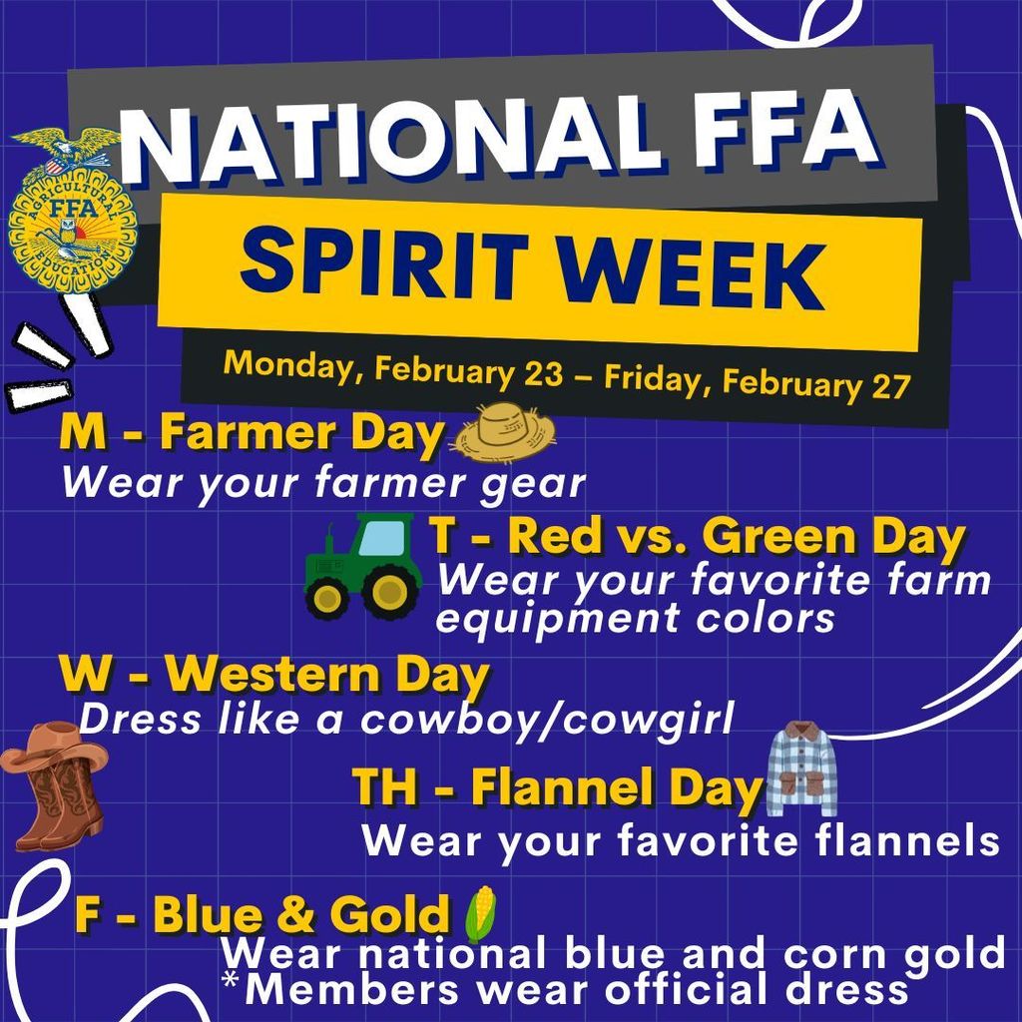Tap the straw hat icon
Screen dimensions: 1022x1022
(503, 431)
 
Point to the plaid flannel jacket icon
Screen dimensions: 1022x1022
(801, 769)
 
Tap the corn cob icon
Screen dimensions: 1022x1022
(480, 913)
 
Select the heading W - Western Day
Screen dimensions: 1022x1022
(274, 678)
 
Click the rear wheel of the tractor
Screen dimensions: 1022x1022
(390, 590)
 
